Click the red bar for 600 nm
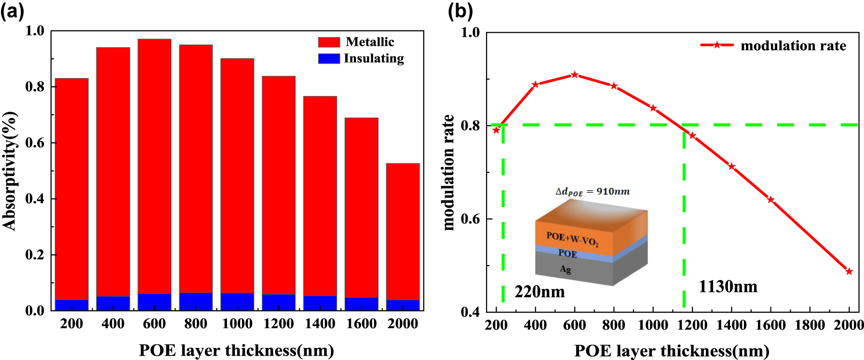[x=154, y=164]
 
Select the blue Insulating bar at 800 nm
[x=196, y=301]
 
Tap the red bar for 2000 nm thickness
[x=403, y=231]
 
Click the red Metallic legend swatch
[x=329, y=42]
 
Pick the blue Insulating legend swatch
[x=329, y=59]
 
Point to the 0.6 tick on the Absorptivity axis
[x=35, y=143]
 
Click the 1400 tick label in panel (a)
[x=320, y=324]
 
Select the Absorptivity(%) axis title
[x=10, y=171]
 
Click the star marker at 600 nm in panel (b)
[x=575, y=75]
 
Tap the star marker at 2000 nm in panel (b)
[x=849, y=271]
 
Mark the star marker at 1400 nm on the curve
[x=731, y=166]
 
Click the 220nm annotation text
[x=540, y=292]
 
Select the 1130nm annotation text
[x=728, y=287]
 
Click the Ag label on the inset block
[x=566, y=269]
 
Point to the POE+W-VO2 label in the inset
[x=572, y=238]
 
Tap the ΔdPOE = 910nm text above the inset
[x=593, y=192]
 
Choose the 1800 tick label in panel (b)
[x=810, y=325]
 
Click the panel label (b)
[x=460, y=11]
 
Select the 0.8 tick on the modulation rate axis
[x=470, y=125]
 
